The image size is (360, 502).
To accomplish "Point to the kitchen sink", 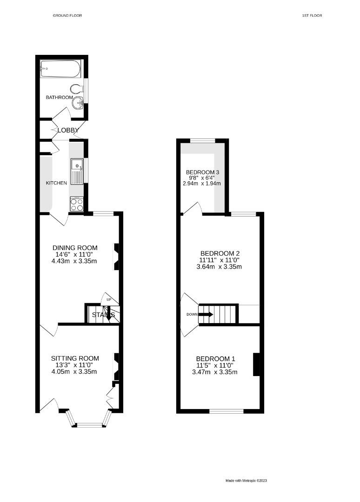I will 77,171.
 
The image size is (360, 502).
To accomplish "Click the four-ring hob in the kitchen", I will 76,205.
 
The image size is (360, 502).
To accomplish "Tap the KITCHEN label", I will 56,183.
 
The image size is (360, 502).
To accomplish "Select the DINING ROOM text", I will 75,248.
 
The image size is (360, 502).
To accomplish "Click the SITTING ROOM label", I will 75,358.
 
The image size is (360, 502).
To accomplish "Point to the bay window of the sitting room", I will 90,423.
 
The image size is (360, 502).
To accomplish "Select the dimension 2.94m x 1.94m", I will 202,184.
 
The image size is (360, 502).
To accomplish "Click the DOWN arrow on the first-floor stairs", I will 206,314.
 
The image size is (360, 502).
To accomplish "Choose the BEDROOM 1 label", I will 215,359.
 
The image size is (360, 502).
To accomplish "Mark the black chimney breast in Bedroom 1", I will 256,364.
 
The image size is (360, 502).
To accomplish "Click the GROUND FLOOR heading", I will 67,15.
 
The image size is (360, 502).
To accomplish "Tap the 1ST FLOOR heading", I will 312,15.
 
